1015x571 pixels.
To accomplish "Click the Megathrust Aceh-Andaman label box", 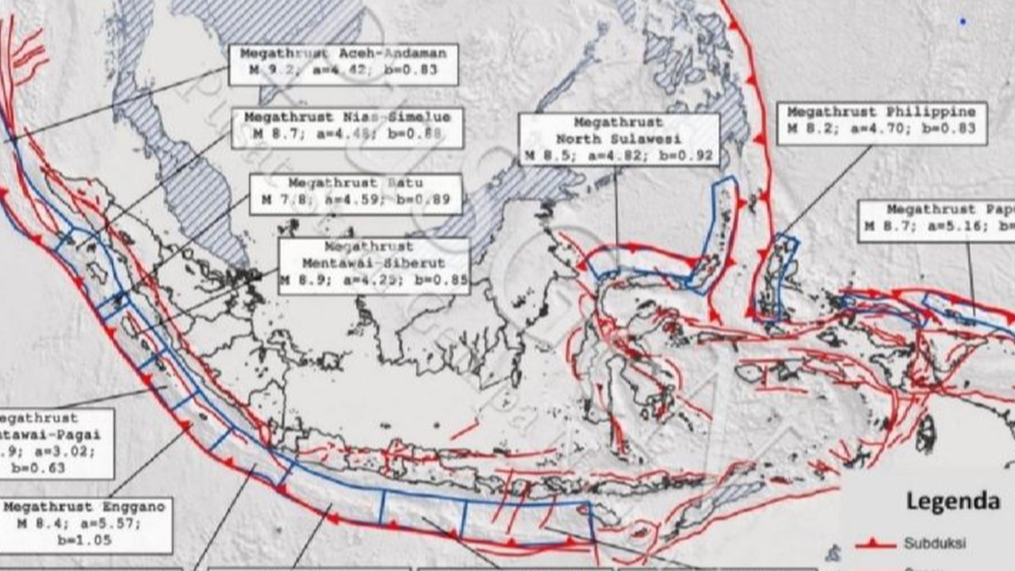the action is coord(343,64).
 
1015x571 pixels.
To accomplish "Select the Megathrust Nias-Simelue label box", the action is coord(347,128).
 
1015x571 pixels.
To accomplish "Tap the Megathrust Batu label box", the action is coord(355,194).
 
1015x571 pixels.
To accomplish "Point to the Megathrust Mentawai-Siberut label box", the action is coord(373,266).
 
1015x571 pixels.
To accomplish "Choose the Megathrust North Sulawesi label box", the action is coord(619,140).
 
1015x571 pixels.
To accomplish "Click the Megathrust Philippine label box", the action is coord(881,123).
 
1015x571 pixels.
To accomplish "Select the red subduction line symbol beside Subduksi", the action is coord(875,544).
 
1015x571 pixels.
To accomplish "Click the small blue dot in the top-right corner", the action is coord(963,21).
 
